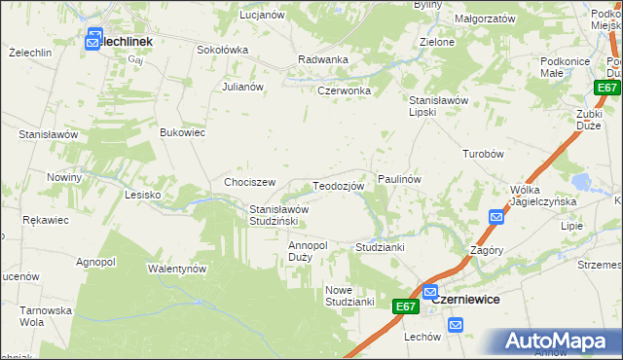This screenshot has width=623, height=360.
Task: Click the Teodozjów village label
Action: click(338, 186)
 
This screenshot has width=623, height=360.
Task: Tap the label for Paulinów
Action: click(399, 180)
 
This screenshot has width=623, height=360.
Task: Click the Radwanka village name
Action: click(323, 59)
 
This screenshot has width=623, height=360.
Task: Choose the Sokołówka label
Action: click(223, 50)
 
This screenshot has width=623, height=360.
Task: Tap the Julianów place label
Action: click(243, 87)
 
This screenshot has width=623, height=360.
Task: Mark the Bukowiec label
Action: click(182, 132)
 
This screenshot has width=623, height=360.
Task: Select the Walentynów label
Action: click(177, 268)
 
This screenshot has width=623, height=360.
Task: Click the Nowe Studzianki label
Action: click(350, 296)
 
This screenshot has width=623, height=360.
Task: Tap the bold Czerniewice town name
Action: click(465, 300)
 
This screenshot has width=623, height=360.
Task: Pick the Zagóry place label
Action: click(486, 249)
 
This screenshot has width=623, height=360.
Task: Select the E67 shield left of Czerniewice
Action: click(407, 306)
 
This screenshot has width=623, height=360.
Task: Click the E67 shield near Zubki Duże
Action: click(607, 88)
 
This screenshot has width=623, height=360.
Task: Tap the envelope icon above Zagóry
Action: click(496, 217)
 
